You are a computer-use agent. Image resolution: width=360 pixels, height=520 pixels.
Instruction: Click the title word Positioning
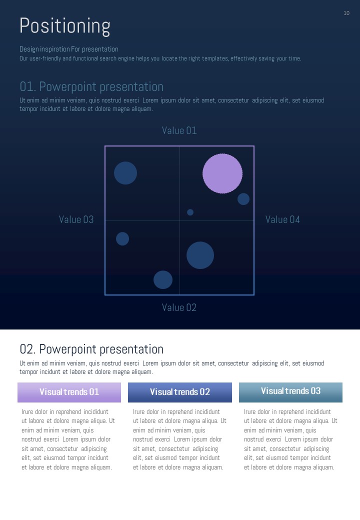(65, 26)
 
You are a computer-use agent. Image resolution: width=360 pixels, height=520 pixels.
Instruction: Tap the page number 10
(346, 13)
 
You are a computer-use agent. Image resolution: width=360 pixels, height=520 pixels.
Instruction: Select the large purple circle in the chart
(222, 173)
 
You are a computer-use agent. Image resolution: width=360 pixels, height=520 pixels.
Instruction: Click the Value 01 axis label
(179, 130)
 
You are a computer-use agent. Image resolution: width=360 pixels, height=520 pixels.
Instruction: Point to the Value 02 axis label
(179, 307)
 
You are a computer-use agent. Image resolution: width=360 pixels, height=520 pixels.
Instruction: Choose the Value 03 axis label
(76, 219)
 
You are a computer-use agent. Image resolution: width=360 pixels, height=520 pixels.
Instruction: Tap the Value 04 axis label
(282, 219)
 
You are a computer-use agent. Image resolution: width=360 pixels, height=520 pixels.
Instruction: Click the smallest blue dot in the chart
(190, 212)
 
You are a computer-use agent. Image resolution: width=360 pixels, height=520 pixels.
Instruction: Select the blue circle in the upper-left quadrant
(125, 173)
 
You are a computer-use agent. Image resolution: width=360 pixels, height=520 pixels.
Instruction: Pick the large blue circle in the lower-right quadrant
(200, 255)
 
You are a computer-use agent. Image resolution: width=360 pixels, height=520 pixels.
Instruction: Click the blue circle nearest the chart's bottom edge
(163, 280)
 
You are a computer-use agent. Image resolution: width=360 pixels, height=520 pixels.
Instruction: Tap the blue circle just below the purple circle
(243, 199)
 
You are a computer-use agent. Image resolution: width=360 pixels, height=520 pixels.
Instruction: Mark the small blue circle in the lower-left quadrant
(122, 239)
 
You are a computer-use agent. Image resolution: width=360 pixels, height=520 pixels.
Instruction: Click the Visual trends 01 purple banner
(69, 392)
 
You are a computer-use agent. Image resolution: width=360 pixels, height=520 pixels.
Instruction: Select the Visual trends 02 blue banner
(180, 392)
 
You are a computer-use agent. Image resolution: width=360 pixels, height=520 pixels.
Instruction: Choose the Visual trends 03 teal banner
(290, 392)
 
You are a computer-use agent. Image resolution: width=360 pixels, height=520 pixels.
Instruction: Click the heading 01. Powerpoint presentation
(91, 87)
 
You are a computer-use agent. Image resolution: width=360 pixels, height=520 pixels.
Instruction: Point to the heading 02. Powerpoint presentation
(91, 349)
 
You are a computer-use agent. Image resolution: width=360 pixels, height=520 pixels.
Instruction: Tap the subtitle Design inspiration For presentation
(69, 49)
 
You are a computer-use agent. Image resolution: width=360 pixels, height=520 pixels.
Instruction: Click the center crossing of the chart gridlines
(179, 220)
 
